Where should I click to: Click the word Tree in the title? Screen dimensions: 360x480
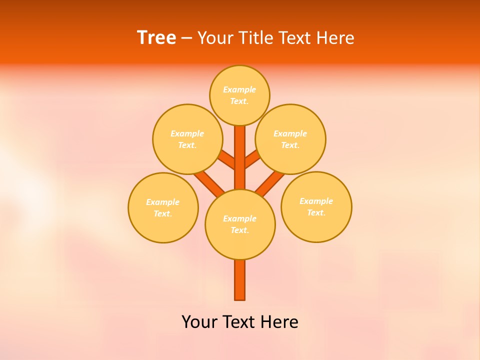[x=156, y=37]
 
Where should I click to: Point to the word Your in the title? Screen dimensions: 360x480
[x=215, y=38]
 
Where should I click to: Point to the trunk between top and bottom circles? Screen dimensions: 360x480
[x=240, y=160]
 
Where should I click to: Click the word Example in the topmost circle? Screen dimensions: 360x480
[x=239, y=89]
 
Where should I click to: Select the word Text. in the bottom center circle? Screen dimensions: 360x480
[x=239, y=230]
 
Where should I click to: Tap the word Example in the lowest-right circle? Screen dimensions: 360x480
[x=316, y=201]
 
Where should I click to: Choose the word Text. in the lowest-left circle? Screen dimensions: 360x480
[x=163, y=213]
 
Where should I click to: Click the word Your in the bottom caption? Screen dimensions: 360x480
[x=199, y=322]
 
